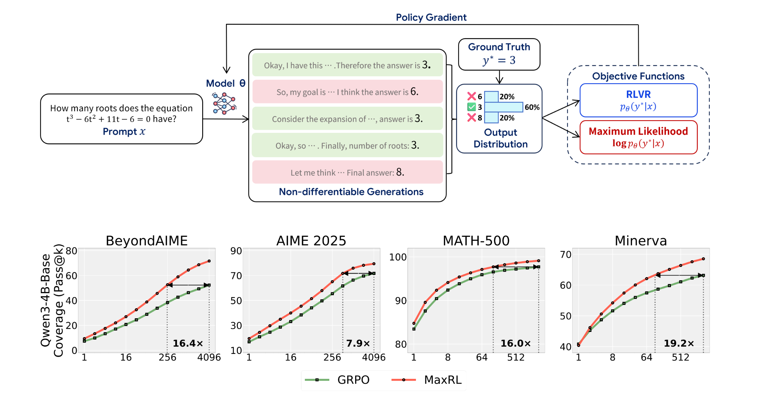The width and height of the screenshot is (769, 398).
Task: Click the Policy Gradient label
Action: [x=431, y=17]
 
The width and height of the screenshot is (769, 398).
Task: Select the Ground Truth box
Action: [x=499, y=54]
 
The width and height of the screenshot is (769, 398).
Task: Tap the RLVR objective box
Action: [x=638, y=100]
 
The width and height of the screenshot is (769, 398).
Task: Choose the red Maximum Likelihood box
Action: [x=638, y=137]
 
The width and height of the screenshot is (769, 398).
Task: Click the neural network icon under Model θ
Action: [x=224, y=103]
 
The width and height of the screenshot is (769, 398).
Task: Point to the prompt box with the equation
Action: [x=122, y=119]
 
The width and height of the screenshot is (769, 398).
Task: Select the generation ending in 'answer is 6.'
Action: [x=347, y=92]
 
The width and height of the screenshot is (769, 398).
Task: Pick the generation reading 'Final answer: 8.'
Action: [x=347, y=172]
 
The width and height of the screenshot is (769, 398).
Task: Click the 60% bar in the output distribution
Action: [x=504, y=107]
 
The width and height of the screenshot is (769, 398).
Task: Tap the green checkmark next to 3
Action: [x=471, y=107]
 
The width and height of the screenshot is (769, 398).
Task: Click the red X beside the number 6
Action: [x=471, y=96]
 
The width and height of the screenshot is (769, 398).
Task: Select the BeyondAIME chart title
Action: [x=147, y=241]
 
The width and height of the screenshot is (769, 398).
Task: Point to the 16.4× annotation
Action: [x=188, y=343]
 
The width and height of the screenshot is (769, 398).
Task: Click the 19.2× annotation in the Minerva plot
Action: [x=679, y=343]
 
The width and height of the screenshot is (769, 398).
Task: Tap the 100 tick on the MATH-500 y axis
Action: [x=398, y=257]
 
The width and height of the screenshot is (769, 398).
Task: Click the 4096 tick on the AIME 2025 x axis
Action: [x=374, y=357]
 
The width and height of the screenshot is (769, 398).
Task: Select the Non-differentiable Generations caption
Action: [x=351, y=192]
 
